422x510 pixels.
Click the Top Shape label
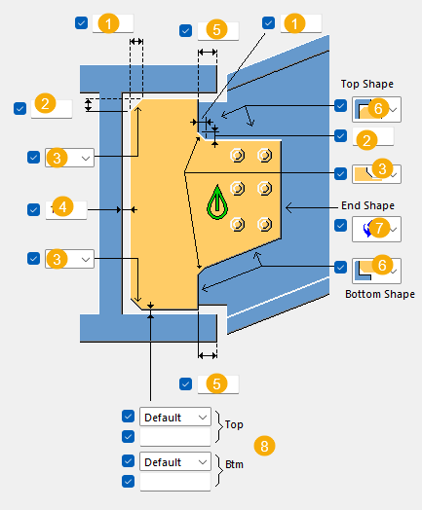[367, 84]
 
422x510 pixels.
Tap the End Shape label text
[367, 205]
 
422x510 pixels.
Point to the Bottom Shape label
[380, 294]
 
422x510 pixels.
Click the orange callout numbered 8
[264, 446]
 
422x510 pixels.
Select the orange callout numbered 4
[62, 206]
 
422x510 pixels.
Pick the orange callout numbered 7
[379, 228]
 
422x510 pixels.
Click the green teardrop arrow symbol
[217, 202]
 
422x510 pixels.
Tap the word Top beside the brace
[234, 424]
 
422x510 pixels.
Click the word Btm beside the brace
[234, 464]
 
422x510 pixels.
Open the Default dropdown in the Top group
[175, 417]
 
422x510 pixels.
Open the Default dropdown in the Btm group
[175, 461]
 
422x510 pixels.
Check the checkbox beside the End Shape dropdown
[340, 225]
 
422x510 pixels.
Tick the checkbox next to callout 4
[33, 210]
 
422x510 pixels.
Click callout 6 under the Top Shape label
[378, 108]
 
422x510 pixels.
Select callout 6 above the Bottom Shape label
[382, 265]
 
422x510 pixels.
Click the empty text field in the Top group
[175, 436]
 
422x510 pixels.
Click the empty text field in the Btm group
[175, 482]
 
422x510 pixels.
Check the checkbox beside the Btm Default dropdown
[128, 461]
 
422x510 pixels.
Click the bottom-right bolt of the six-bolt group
[265, 224]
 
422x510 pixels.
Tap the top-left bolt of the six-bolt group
[238, 155]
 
